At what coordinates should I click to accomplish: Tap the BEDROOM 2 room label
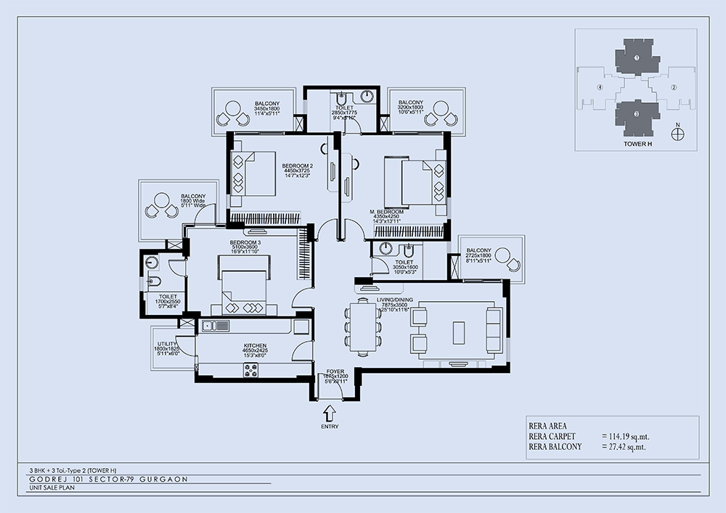(297, 165)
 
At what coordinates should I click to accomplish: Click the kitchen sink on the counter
(216, 325)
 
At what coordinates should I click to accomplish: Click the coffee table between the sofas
(460, 332)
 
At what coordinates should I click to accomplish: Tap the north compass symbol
(677, 134)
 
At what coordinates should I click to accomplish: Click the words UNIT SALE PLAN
(46, 489)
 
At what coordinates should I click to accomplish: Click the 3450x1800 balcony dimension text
(267, 108)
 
